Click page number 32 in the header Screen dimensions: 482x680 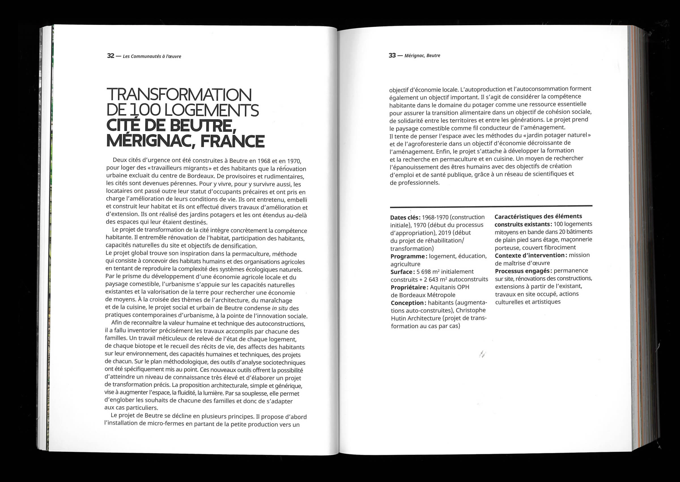tap(111, 56)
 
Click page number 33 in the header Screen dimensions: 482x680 tap(392, 56)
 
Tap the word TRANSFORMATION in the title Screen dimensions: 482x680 tap(179, 95)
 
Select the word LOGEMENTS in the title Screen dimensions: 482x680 tap(211, 110)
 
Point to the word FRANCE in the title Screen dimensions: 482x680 tap(232, 141)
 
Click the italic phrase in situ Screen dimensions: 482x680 tap(280, 308)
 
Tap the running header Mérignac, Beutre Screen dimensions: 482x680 tap(422, 56)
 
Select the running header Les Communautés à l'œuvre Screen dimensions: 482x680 tap(152, 56)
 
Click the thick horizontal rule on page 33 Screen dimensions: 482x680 tap(491, 206)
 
